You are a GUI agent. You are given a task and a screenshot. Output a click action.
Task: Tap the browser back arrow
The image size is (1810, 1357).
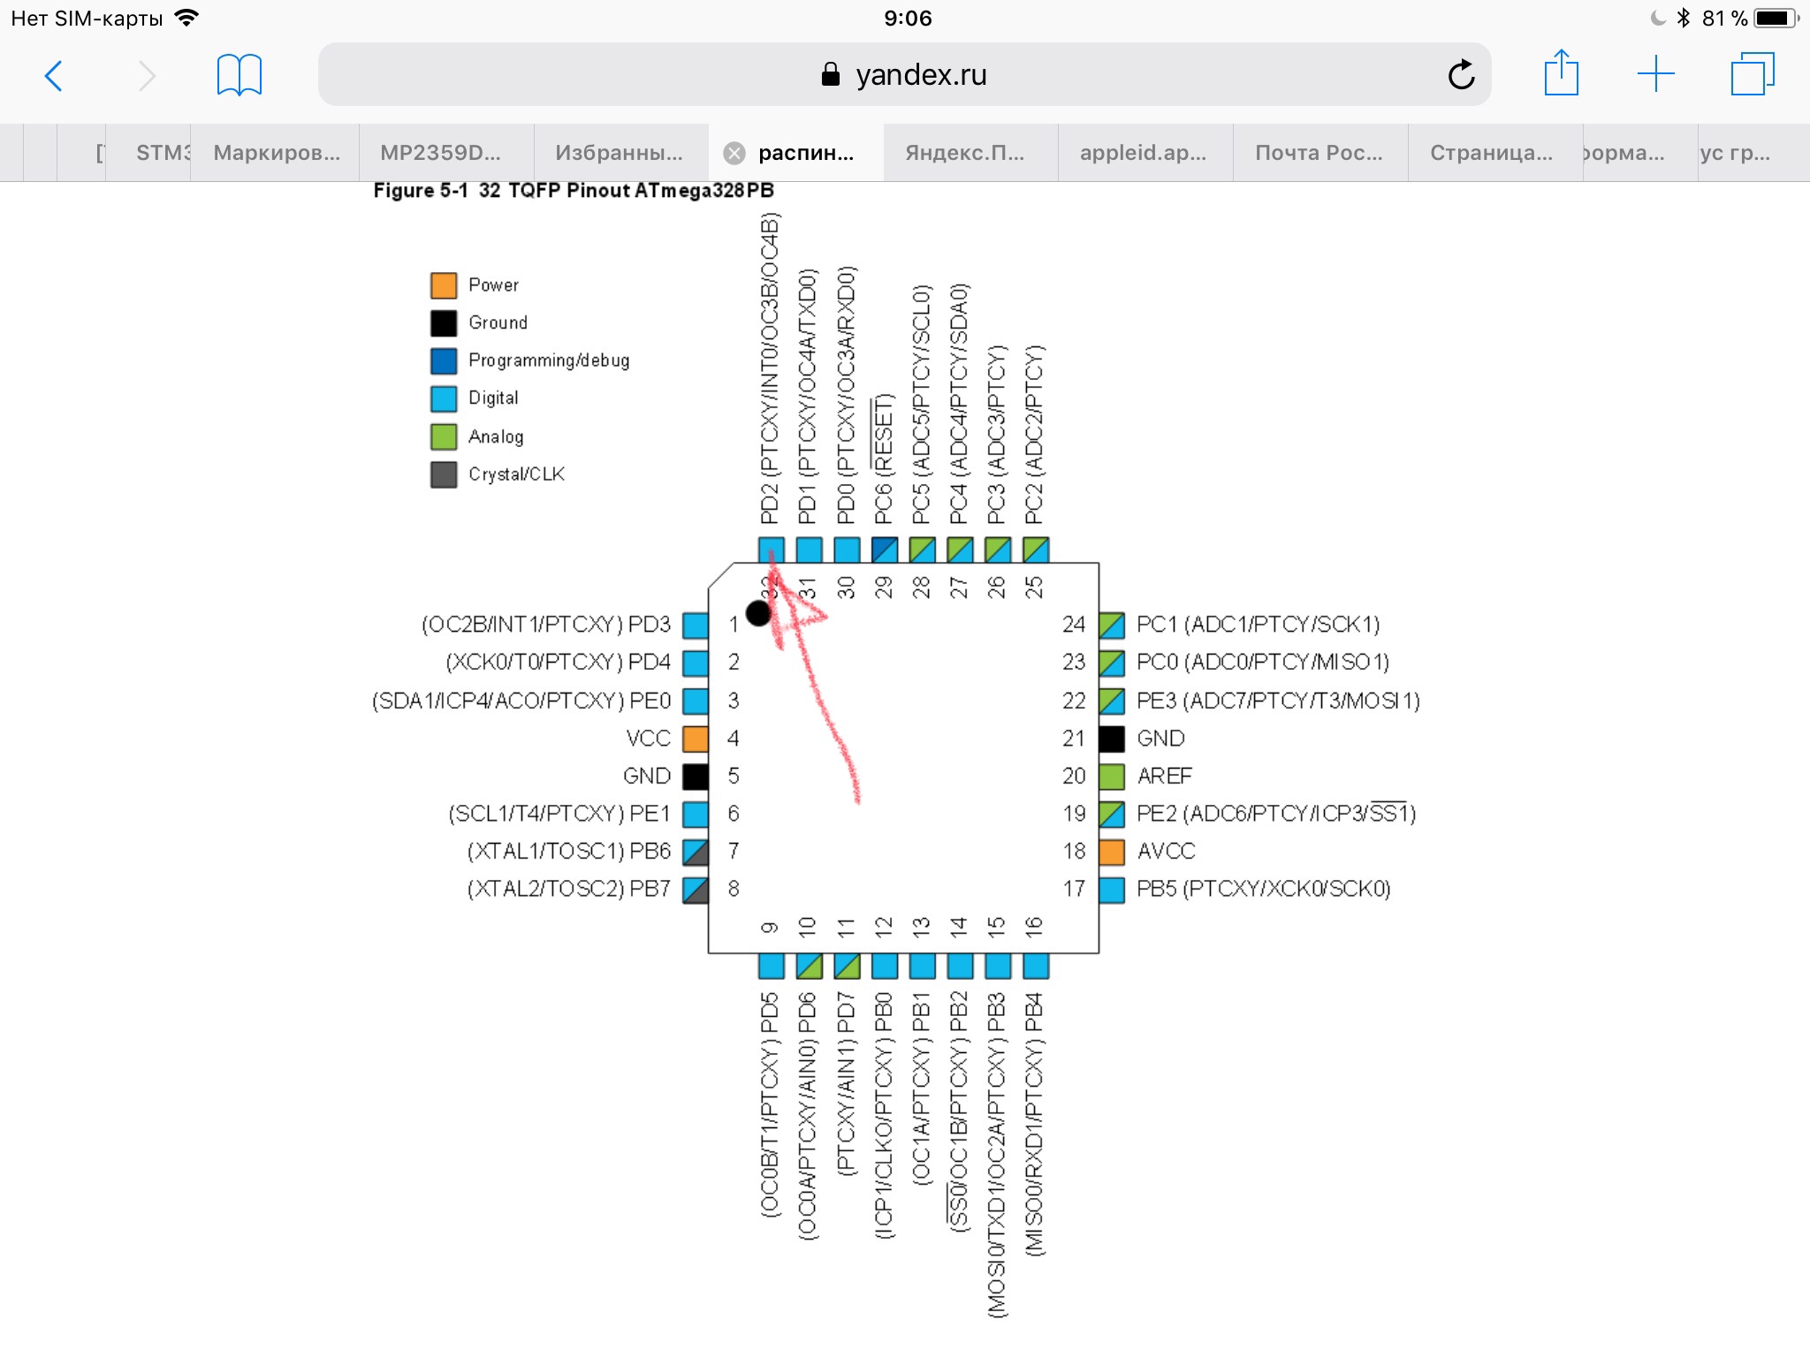click(x=54, y=76)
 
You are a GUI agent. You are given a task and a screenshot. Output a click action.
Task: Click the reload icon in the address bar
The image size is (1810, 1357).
click(x=1462, y=74)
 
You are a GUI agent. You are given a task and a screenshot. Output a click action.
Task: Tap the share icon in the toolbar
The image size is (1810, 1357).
click(x=1561, y=72)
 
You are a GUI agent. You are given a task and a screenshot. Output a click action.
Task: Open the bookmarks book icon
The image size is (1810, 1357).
click(x=240, y=75)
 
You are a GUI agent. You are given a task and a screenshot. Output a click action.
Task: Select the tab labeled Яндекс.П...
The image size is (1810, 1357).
click(x=965, y=153)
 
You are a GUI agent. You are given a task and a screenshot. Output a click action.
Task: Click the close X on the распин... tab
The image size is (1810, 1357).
click(x=734, y=154)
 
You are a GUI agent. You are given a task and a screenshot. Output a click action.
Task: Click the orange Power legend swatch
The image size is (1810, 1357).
click(x=444, y=285)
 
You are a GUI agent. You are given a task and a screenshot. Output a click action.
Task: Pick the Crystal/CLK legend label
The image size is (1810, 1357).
click(x=516, y=474)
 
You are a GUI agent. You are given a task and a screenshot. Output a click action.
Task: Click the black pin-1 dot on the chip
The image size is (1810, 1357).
click(x=758, y=613)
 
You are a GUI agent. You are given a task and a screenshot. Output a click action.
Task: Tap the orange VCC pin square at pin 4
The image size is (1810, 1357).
click(x=696, y=739)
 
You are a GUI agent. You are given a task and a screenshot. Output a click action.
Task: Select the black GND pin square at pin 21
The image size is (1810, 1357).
click(x=1112, y=739)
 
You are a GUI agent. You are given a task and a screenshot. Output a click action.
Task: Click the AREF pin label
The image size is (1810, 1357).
click(x=1165, y=776)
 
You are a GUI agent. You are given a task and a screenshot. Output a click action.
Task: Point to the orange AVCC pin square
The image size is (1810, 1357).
click(x=1112, y=852)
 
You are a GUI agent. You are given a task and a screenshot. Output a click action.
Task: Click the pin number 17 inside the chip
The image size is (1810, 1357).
click(x=1074, y=889)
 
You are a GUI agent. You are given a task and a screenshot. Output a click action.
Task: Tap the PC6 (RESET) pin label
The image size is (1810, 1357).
click(x=883, y=459)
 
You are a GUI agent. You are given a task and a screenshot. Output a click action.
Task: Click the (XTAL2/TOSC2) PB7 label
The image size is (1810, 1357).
click(x=569, y=889)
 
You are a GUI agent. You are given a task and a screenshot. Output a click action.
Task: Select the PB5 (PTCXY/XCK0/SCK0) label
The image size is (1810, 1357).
click(x=1264, y=889)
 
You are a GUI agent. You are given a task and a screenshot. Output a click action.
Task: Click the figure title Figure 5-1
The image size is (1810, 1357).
click(x=421, y=191)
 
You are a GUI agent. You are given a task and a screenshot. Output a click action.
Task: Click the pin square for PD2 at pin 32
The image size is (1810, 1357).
click(x=772, y=550)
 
